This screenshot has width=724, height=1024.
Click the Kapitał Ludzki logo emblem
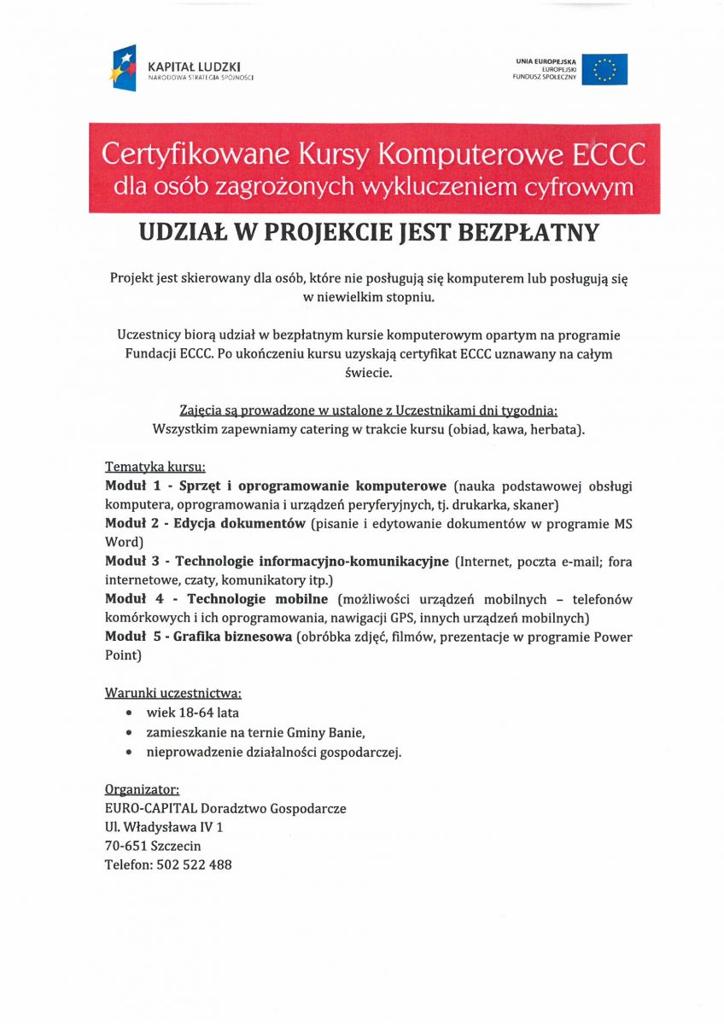[124, 68]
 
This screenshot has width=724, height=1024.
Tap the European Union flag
[610, 69]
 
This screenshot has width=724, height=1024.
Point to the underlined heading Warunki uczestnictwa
[173, 693]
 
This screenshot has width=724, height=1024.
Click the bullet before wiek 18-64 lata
[128, 713]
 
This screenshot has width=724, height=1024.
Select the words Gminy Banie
[333, 732]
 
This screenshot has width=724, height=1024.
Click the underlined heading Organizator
[142, 789]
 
